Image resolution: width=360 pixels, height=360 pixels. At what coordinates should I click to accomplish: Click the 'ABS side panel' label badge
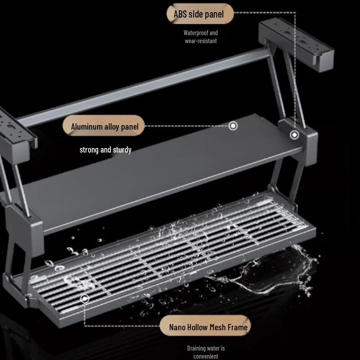[x=201, y=14]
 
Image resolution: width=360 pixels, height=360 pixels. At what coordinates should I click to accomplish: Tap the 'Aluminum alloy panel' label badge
[x=104, y=126]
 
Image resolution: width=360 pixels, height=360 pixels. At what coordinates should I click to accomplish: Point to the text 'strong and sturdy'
[x=105, y=149]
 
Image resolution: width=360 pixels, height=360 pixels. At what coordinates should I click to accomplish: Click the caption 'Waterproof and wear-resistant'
[x=201, y=37]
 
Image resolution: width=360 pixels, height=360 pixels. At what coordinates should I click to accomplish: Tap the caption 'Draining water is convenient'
[x=206, y=352]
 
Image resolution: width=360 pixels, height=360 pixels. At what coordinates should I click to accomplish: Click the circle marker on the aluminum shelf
[x=233, y=126]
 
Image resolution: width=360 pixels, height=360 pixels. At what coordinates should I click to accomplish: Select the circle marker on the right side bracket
[x=294, y=135]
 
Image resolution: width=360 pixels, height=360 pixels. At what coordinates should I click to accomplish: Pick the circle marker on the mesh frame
[x=84, y=298]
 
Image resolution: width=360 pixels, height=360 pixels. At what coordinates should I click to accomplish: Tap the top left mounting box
[x=16, y=130]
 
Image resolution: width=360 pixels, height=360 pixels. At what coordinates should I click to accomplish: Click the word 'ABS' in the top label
[x=180, y=14]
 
